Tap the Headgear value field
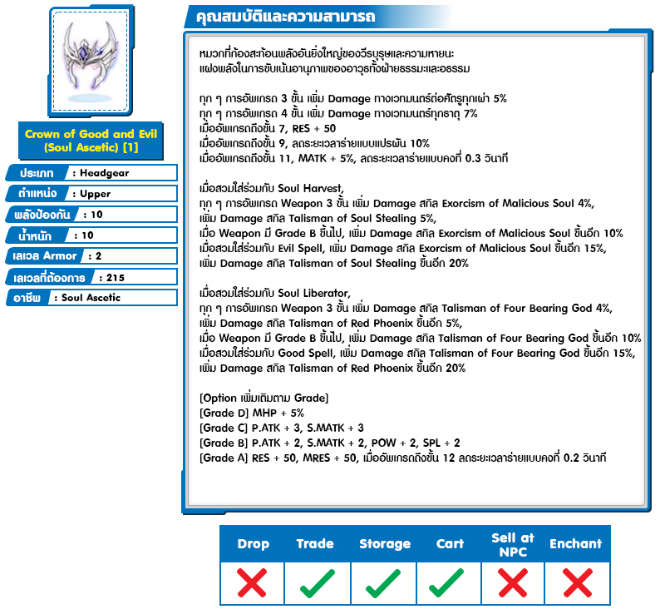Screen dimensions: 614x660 tap(123, 172)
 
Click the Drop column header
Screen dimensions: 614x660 tap(253, 544)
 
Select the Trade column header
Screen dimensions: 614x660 tap(315, 544)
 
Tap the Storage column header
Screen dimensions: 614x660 tap(385, 544)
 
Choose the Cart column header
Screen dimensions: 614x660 tap(450, 544)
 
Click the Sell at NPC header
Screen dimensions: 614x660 tap(513, 544)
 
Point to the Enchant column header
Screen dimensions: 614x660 tap(575, 544)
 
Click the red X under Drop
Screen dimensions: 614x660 tap(252, 583)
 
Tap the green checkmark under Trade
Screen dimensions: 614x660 tap(317, 583)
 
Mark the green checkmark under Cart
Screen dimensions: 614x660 tap(449, 583)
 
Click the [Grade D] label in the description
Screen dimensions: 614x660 tap(224, 413)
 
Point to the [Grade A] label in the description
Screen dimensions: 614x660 tap(224, 458)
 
